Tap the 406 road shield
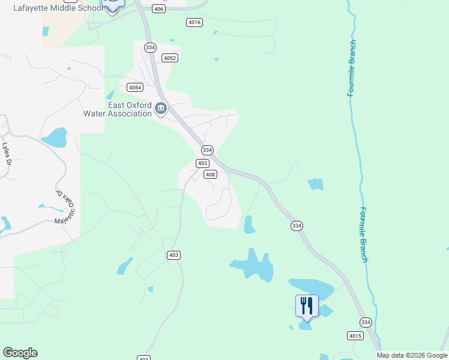(158, 9)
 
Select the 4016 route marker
(194, 22)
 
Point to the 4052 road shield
(169, 58)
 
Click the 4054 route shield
(135, 87)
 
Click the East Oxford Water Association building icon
(161, 109)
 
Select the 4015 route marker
(355, 335)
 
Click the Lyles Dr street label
(7, 154)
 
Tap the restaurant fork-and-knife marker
(307, 306)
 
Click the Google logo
(20, 353)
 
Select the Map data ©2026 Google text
(412, 355)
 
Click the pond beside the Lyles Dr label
(55, 137)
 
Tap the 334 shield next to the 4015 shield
(366, 322)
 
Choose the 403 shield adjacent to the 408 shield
(203, 163)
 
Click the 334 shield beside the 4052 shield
(150, 47)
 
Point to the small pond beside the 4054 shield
(110, 95)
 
